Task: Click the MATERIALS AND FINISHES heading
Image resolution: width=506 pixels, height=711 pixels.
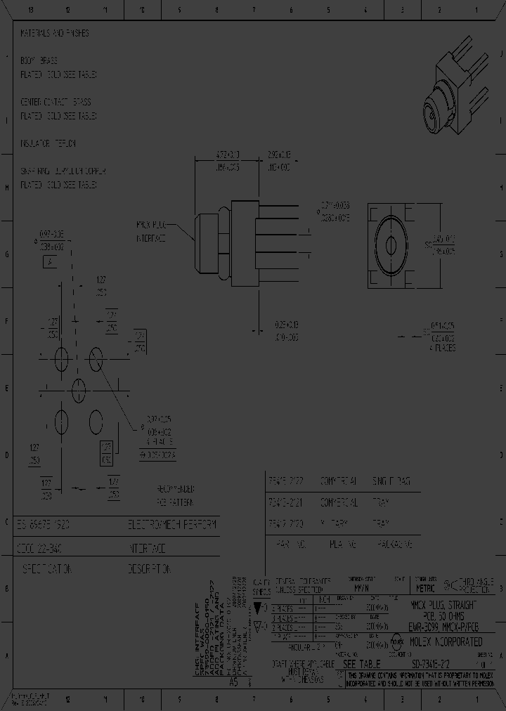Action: (55, 33)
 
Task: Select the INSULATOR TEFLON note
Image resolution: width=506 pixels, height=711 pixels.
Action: (48, 143)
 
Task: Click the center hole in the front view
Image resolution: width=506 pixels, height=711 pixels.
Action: (391, 244)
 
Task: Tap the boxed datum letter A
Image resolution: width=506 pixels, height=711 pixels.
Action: (51, 263)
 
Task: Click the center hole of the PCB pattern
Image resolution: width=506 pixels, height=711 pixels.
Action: (78, 386)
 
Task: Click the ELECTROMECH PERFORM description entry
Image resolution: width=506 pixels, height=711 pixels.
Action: (173, 525)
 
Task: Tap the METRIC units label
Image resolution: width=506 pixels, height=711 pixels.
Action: (426, 588)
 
